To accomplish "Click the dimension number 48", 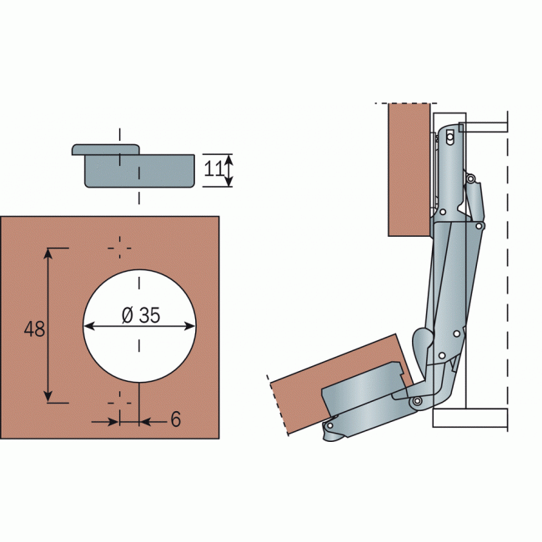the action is coord(34,329).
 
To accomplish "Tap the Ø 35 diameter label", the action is coord(141,315).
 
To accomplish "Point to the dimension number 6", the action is coord(176,419).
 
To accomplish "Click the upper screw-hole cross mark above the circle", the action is coord(120,248).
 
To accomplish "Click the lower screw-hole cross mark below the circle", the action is coord(120,403).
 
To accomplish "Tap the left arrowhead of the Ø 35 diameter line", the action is coord(89,326).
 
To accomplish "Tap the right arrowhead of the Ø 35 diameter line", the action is coord(190,326).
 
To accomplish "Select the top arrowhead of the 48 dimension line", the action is coord(48,253).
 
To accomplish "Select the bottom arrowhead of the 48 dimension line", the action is coord(48,397).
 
